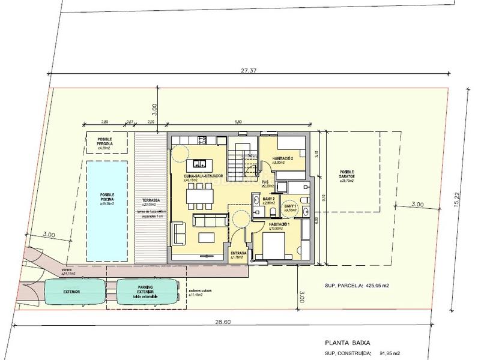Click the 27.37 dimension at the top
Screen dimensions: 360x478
click(249, 70)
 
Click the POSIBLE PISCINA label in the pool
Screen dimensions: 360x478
click(107, 198)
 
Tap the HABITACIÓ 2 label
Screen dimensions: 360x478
click(282, 159)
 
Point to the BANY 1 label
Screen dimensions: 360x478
click(291, 207)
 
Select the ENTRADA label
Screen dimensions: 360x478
click(238, 254)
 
